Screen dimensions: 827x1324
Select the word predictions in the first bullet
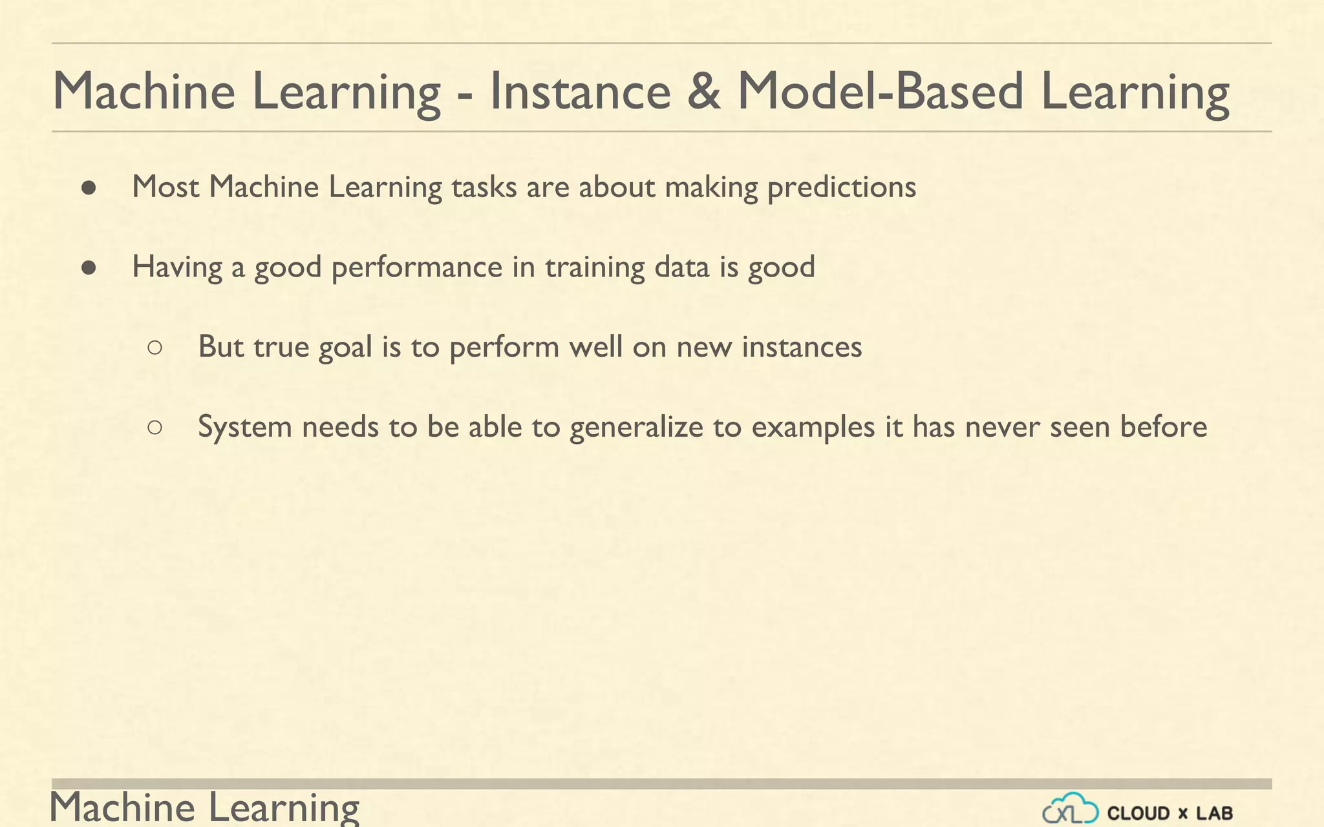click(841, 187)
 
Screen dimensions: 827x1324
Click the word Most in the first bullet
click(165, 187)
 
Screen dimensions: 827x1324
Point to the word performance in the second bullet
click(416, 267)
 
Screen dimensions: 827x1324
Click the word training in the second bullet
click(595, 267)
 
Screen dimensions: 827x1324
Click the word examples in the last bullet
click(813, 427)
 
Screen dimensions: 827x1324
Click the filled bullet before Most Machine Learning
click(89, 188)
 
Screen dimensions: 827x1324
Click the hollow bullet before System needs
click(155, 427)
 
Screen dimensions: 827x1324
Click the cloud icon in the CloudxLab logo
click(1071, 810)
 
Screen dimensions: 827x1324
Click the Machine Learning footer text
click(204, 808)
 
